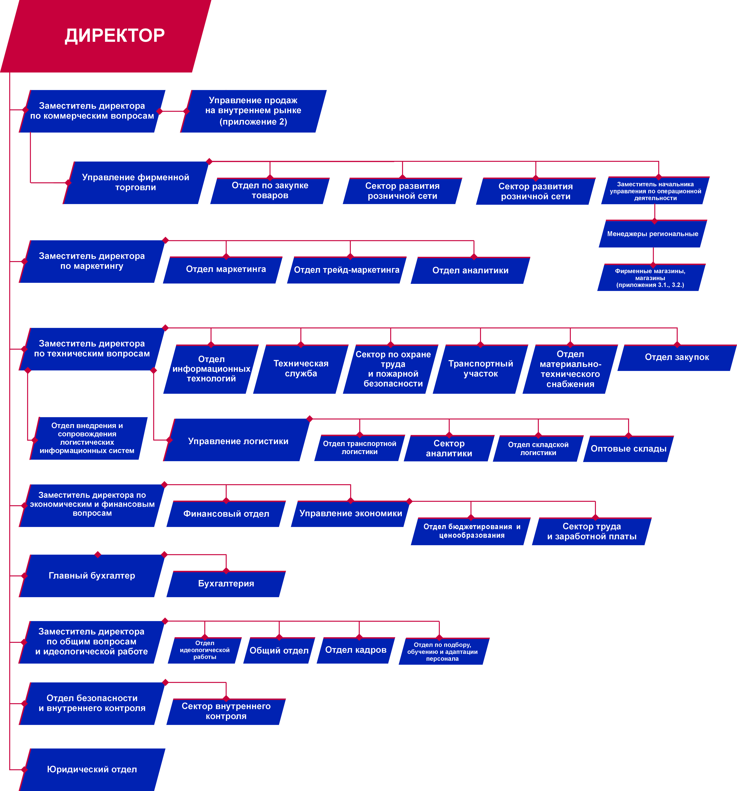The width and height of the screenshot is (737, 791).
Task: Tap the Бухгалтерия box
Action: coord(226,584)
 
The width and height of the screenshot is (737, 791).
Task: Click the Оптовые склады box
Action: coord(628,449)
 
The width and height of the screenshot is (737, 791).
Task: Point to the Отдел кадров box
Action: coord(356,650)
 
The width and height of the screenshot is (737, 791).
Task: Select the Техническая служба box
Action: coord(301,369)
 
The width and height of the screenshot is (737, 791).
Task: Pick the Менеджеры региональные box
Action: coord(653,234)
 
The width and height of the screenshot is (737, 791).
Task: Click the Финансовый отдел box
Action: coord(226,514)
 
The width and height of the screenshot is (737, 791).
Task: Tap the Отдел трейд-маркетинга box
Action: coord(347,270)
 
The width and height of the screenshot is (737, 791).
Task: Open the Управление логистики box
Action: coord(238,440)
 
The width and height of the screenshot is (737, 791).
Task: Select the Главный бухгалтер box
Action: coord(92,576)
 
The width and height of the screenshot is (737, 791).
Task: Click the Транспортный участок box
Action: coord(481,369)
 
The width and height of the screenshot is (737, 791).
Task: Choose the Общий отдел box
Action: coord(279,650)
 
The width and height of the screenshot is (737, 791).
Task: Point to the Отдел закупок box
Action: coord(677,357)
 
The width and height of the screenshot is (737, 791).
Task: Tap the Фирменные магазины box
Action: coord(651,277)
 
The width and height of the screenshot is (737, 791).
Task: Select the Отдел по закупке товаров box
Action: coord(270,191)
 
